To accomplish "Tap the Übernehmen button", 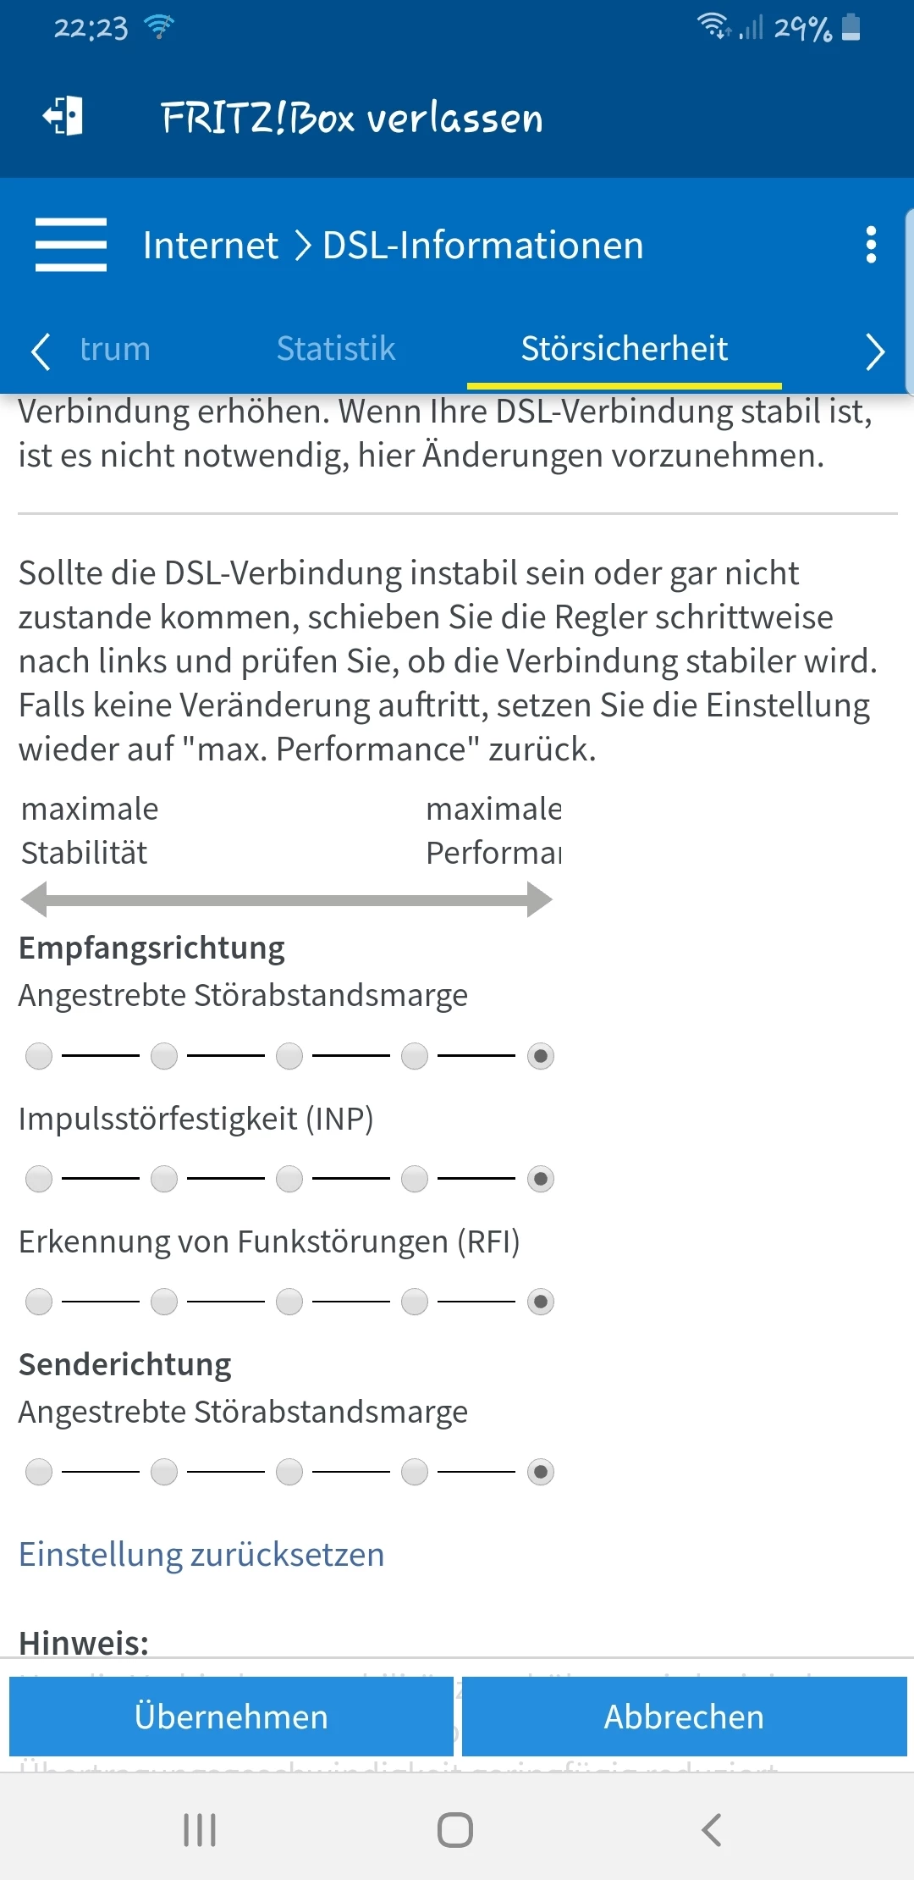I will pyautogui.click(x=231, y=1717).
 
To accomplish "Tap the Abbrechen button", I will pyautogui.click(x=684, y=1717).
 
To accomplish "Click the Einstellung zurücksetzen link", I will pyautogui.click(x=201, y=1555).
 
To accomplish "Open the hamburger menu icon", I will pyautogui.click(x=71, y=245).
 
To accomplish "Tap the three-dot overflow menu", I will pyautogui.click(x=871, y=245).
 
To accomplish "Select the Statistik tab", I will pyautogui.click(x=336, y=349).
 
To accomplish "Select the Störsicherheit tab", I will pyautogui.click(x=624, y=349).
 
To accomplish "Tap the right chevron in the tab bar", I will pyautogui.click(x=875, y=351).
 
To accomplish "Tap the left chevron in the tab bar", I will pyautogui.click(x=40, y=351).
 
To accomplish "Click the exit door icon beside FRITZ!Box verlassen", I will pyautogui.click(x=63, y=116).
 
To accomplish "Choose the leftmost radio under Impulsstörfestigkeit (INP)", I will pyautogui.click(x=39, y=1179).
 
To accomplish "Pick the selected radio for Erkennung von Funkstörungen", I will pyautogui.click(x=541, y=1302).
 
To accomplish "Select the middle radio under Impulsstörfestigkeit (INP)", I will pyautogui.click(x=289, y=1179).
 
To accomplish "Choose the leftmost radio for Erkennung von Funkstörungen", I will pyautogui.click(x=39, y=1302).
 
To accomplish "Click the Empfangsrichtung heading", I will pyautogui.click(x=151, y=948).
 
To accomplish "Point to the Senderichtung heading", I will pyautogui.click(x=125, y=1364).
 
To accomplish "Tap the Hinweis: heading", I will pyautogui.click(x=84, y=1643).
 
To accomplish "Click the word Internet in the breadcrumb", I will pyautogui.click(x=210, y=246).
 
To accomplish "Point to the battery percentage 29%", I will pyautogui.click(x=802, y=29).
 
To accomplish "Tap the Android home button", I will pyautogui.click(x=455, y=1829).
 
